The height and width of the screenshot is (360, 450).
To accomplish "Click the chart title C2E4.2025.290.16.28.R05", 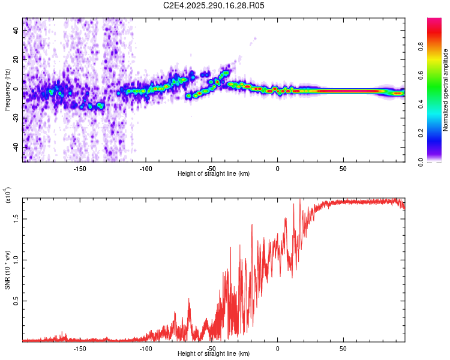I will point(214,5).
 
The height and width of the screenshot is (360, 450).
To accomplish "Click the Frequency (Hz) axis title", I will point(8,90).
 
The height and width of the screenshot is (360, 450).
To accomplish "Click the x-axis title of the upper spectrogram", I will point(214,173).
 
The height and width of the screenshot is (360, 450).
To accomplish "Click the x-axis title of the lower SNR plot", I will point(214,353).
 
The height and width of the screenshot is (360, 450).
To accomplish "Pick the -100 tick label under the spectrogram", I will point(145,169).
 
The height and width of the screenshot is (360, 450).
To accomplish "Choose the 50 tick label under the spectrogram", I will point(343,169).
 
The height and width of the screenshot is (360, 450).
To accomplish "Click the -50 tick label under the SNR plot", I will point(211,348).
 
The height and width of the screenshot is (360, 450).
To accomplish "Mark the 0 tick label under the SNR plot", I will point(277,348).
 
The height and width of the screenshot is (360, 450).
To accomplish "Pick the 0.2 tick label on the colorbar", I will point(439,133).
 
